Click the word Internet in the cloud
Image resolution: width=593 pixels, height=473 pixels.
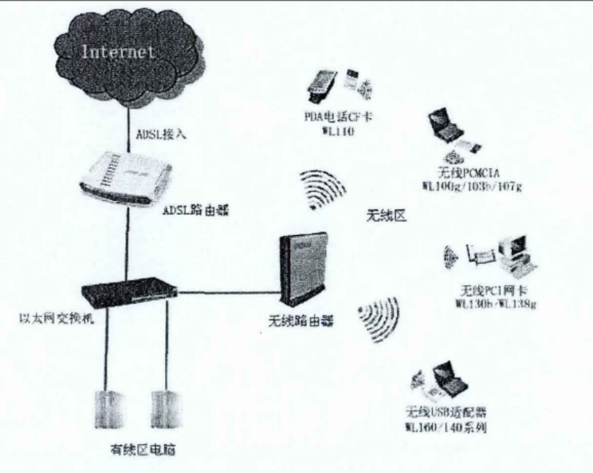(118, 53)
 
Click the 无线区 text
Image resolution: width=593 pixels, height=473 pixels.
(386, 215)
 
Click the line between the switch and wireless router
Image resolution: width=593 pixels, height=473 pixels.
(224, 292)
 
